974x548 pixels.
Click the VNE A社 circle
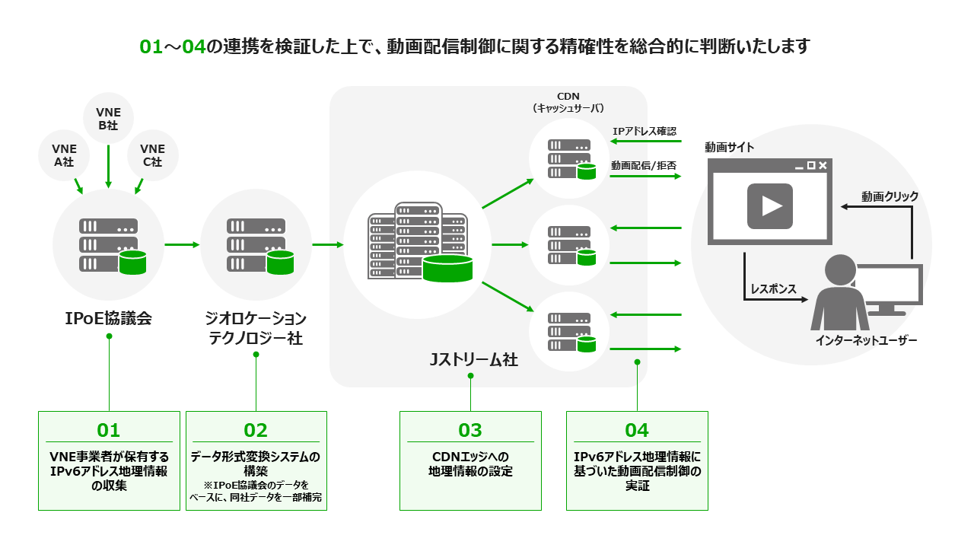pyautogui.click(x=65, y=155)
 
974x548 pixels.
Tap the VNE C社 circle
pyautogui.click(x=152, y=155)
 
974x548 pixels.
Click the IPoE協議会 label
pyautogui.click(x=109, y=318)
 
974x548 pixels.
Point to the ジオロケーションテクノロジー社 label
pyautogui.click(x=256, y=328)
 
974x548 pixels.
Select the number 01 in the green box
pyautogui.click(x=109, y=430)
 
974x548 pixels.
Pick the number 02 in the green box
pyautogui.click(x=256, y=430)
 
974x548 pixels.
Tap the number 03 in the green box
pyautogui.click(x=470, y=430)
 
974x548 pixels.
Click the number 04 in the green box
pyautogui.click(x=637, y=430)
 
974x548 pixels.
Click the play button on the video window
pyautogui.click(x=769, y=205)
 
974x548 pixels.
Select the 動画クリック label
pyautogui.click(x=890, y=196)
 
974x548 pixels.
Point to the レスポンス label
pyautogui.click(x=773, y=289)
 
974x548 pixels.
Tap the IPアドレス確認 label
pyautogui.click(x=645, y=132)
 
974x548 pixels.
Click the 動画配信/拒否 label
pyautogui.click(x=644, y=165)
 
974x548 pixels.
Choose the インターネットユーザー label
pyautogui.click(x=866, y=340)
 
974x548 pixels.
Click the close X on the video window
pyautogui.click(x=823, y=165)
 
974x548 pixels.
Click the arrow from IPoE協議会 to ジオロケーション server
pyautogui.click(x=181, y=244)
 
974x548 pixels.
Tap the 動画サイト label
pyautogui.click(x=729, y=148)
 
